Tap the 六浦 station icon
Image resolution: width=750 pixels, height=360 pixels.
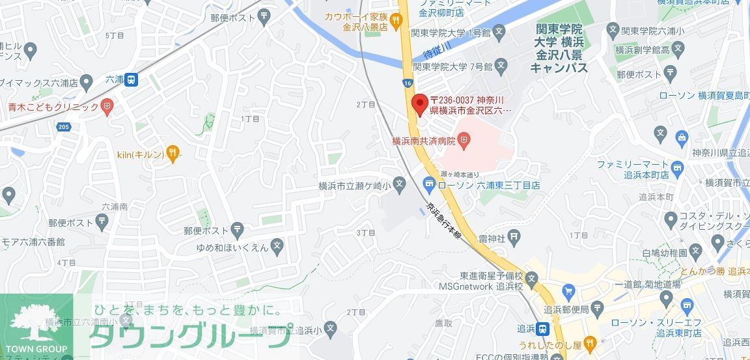coord(132,79)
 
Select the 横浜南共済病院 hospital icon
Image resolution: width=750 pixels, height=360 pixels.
coord(464,139)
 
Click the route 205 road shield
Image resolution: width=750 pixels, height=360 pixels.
coord(63,127)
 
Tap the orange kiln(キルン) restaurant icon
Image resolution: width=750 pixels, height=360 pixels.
coord(172,154)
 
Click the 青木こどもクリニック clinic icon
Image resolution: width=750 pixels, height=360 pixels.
coord(107,106)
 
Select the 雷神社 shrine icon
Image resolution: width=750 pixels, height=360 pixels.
coord(514,236)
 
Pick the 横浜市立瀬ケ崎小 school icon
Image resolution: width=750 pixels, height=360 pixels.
coord(399,185)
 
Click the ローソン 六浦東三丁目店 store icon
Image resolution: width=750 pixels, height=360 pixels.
coord(429,185)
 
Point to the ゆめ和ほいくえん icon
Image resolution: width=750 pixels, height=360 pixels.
coord(277,247)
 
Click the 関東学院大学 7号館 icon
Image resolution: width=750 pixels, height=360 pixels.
coord(500,65)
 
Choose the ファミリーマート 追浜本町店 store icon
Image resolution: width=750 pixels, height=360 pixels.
coord(677,169)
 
